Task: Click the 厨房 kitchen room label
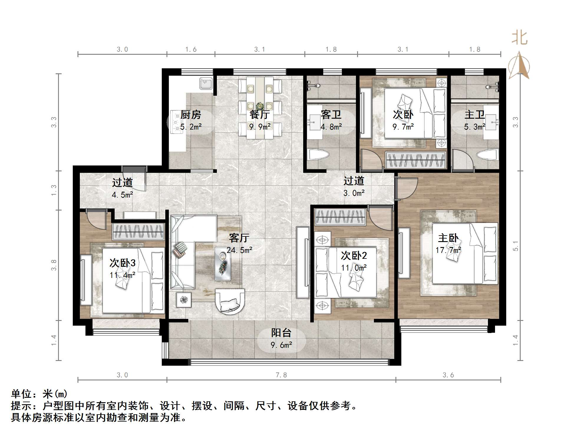(190, 114)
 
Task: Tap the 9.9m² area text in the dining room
(260, 127)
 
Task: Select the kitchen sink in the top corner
(206, 83)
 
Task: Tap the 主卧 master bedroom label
(448, 238)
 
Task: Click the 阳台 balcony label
(281, 333)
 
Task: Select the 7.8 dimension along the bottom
(281, 375)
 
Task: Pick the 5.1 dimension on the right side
(515, 246)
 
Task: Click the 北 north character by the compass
(519, 38)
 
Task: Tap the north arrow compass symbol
(519, 65)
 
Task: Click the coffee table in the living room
(223, 264)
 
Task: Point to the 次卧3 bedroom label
(122, 263)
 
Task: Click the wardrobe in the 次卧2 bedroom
(340, 217)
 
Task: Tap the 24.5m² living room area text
(239, 250)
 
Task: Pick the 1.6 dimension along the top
(191, 49)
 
